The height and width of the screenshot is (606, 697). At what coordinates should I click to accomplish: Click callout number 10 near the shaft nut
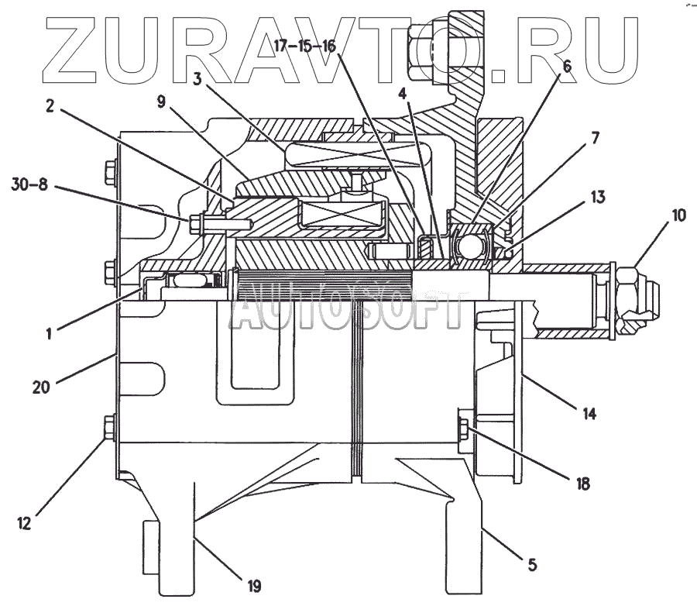(678, 215)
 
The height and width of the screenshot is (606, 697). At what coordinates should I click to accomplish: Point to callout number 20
(41, 386)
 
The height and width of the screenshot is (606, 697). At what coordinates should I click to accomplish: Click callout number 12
(24, 523)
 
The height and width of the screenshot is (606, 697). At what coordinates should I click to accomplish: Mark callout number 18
(582, 484)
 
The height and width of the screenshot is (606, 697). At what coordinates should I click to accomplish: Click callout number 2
(50, 107)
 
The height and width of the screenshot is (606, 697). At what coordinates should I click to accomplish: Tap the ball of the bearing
(470, 247)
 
